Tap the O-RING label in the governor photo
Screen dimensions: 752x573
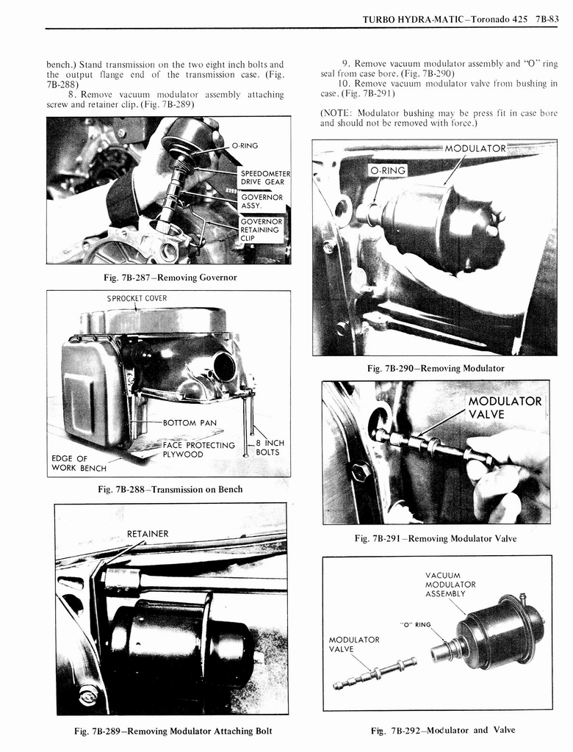point(244,145)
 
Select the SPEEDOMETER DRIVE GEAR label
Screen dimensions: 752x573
point(264,178)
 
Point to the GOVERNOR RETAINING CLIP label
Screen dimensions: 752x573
point(262,230)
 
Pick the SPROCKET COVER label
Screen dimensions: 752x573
point(137,298)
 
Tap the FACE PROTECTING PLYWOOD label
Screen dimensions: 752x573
point(198,449)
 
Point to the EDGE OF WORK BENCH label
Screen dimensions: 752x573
point(79,463)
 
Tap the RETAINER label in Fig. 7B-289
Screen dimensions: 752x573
point(148,533)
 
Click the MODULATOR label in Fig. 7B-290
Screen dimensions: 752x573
point(475,148)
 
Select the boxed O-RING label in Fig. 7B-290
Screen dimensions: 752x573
point(387,170)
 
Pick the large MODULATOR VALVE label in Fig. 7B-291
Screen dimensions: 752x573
point(505,408)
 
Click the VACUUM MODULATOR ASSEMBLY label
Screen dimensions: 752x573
point(450,584)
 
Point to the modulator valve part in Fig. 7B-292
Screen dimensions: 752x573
point(375,673)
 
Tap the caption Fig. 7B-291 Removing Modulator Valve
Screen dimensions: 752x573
point(435,538)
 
